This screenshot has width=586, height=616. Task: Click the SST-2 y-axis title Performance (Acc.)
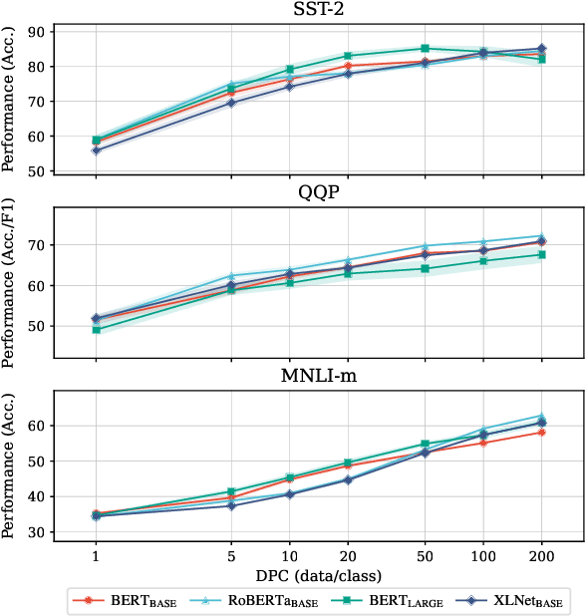[x=12, y=101]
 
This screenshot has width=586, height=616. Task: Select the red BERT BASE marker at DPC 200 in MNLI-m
[x=541, y=432]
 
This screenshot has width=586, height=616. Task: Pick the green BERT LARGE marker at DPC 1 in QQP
[x=96, y=329]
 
